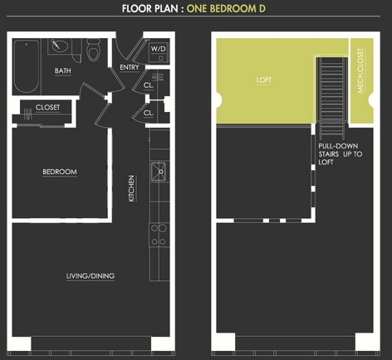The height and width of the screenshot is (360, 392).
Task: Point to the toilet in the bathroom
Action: pyautogui.click(x=94, y=51)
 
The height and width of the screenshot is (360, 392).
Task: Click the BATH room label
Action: pyautogui.click(x=63, y=71)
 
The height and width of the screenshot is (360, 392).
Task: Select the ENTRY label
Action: pyautogui.click(x=130, y=68)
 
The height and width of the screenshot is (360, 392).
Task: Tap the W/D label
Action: pyautogui.click(x=157, y=49)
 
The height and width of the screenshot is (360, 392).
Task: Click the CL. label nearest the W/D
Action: pyautogui.click(x=149, y=85)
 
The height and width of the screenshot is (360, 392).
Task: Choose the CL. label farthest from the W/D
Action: pyautogui.click(x=149, y=113)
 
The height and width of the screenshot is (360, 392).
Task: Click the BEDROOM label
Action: pyautogui.click(x=60, y=173)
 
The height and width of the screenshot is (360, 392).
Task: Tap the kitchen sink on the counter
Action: pyautogui.click(x=158, y=173)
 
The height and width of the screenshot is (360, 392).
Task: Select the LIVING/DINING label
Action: pyautogui.click(x=91, y=276)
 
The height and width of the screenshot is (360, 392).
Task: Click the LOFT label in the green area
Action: pyautogui.click(x=264, y=81)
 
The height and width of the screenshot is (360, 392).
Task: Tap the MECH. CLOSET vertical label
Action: pyautogui.click(x=360, y=80)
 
